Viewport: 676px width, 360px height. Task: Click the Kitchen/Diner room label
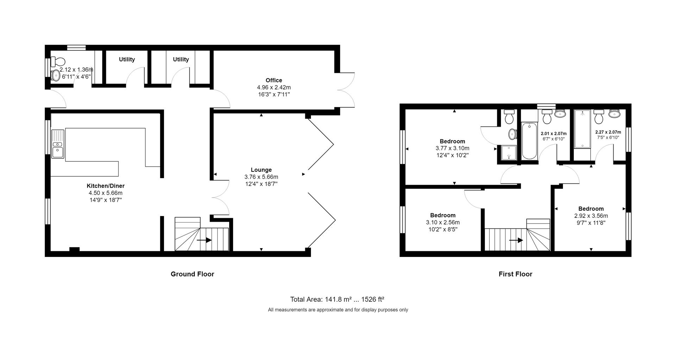point(106,186)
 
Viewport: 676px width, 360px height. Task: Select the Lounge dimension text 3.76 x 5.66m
point(261,177)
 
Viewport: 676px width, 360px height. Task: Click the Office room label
point(274,80)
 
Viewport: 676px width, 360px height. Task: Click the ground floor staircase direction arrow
point(204,240)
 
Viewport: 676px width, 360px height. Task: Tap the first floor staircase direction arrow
point(516,240)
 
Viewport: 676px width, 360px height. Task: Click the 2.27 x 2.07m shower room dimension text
point(608,132)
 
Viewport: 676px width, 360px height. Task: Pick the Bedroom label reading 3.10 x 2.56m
point(443,222)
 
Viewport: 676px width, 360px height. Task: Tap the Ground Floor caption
point(192,274)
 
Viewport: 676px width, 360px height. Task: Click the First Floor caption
point(515,274)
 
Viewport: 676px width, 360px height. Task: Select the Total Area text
point(337,299)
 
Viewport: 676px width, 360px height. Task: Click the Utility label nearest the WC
point(127,59)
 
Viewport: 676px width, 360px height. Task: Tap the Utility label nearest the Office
point(181,59)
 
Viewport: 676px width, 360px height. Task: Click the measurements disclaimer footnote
point(338,310)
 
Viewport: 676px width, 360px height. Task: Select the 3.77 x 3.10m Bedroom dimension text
point(452,148)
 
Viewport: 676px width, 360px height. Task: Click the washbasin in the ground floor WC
point(56,75)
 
